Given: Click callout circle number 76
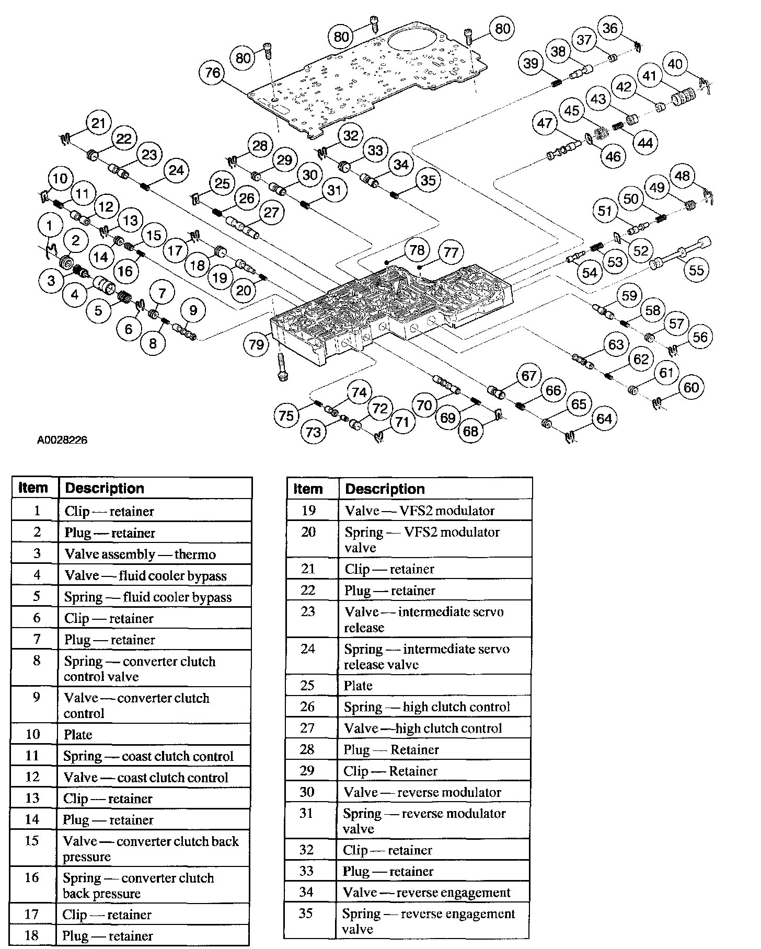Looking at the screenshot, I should click(x=213, y=72).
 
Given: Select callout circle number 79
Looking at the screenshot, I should click(x=257, y=344).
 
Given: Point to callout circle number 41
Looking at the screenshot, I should click(x=649, y=76).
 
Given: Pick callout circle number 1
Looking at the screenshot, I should click(x=50, y=226).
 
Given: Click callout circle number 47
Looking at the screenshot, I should click(x=545, y=123).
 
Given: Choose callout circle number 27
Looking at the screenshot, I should click(x=271, y=213).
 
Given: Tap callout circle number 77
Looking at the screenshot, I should click(x=451, y=253).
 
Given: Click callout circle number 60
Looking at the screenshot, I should click(x=691, y=387).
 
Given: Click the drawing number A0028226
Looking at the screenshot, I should click(x=62, y=440).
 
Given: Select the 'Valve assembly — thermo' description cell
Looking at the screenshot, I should click(x=155, y=554).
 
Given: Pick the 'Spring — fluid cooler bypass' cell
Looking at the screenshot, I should click(x=155, y=597).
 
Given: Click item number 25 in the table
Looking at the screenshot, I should click(x=308, y=685).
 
